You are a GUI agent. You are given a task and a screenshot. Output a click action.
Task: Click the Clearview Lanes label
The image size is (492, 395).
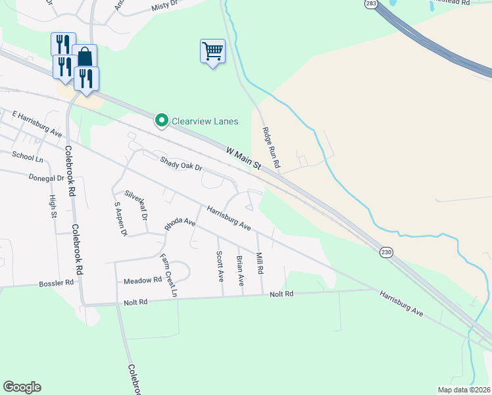(205, 121)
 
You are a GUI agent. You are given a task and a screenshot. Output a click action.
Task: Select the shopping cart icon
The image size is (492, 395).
(212, 51)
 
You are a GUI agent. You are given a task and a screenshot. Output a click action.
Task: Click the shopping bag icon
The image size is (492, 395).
(85, 56)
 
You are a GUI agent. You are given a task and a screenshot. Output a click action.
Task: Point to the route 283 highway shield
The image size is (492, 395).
(371, 4)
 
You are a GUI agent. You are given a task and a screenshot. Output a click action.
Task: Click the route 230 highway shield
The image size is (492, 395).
(386, 251)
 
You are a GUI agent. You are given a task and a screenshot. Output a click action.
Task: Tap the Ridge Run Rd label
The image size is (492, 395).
(272, 147)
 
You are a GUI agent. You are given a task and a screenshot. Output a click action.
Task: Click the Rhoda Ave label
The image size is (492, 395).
(180, 223)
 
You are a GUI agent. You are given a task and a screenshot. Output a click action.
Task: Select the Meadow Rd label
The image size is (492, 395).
(143, 280)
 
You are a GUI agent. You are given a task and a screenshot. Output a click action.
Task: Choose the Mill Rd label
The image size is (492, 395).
(260, 263)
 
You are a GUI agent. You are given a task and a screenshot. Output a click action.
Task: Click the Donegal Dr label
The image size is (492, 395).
(46, 178)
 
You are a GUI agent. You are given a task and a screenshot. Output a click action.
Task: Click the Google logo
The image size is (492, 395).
(22, 387)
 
